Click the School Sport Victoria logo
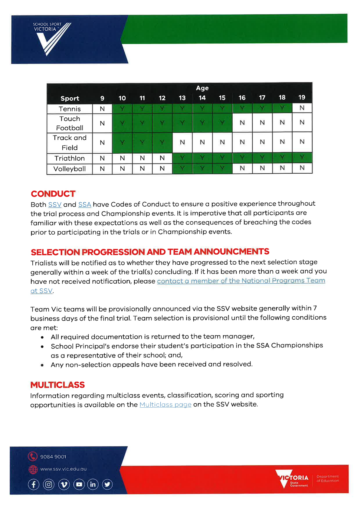pyautogui.click(x=51, y=38)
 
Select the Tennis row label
pyautogui.click(x=70, y=109)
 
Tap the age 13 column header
pyautogui.click(x=182, y=98)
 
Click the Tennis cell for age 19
pyautogui.click(x=302, y=108)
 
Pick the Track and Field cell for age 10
pyautogui.click(x=122, y=142)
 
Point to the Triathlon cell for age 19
pyautogui.click(x=302, y=157)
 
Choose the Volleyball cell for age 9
pyautogui.click(x=102, y=169)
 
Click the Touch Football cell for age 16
pyautogui.click(x=242, y=123)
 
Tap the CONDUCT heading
pyautogui.click(x=53, y=194)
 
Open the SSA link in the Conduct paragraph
pyautogui.click(x=85, y=205)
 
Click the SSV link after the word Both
pyautogui.click(x=55, y=205)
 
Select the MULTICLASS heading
pyautogui.click(x=57, y=385)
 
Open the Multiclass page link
pyautogui.click(x=165, y=405)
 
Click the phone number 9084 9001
pyautogui.click(x=53, y=457)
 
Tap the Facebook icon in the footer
pyautogui.click(x=34, y=485)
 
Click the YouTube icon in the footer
pyautogui.click(x=79, y=485)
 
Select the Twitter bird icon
pyautogui.click(x=107, y=485)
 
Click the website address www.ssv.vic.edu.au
pyautogui.click(x=64, y=469)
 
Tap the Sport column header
pyautogui.click(x=70, y=99)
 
